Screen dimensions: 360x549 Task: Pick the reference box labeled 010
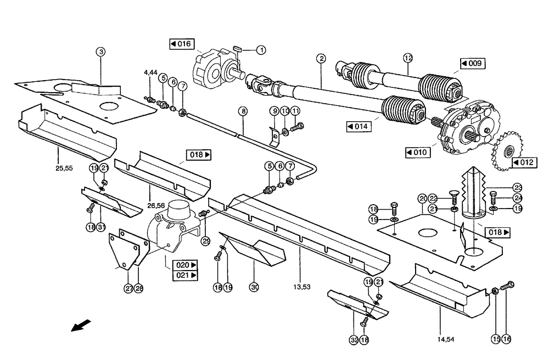tap(418, 151)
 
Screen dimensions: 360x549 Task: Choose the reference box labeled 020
tap(186, 265)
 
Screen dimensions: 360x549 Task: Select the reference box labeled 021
tap(186, 275)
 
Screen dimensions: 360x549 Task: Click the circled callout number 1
tap(261, 50)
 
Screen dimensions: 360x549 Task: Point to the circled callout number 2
tap(321, 58)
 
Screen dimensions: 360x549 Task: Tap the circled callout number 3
tap(100, 52)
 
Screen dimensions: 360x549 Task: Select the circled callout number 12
tap(407, 57)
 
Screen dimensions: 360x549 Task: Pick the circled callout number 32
tap(353, 340)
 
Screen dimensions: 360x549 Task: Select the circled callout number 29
tap(206, 240)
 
